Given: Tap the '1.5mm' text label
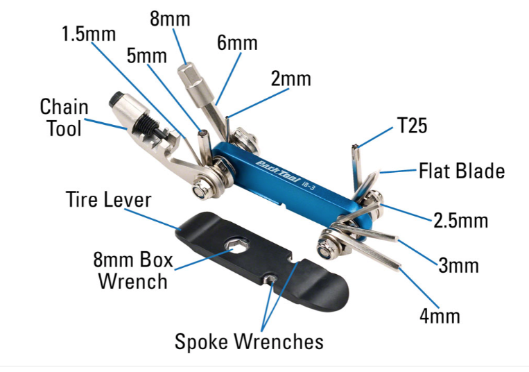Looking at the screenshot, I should pyautogui.click(x=89, y=33).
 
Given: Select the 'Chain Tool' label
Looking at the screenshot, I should pyautogui.click(x=64, y=117).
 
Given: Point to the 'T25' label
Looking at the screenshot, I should pyautogui.click(x=412, y=126).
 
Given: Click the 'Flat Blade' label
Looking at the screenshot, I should pyautogui.click(x=462, y=171).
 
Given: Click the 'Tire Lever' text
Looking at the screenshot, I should pyautogui.click(x=109, y=200).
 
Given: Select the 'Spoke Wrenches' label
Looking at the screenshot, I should pyautogui.click(x=249, y=341).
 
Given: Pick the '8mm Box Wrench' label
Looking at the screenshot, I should pyautogui.click(x=132, y=271).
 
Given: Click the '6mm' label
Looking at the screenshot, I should pyautogui.click(x=237, y=43).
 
